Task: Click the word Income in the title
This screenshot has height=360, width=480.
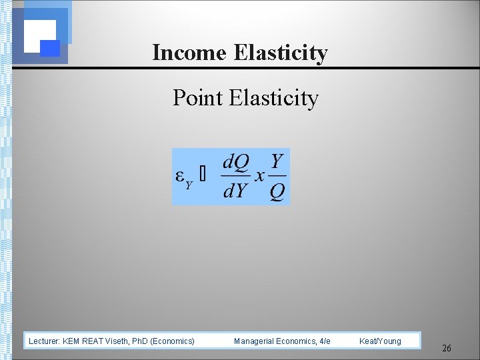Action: (190, 53)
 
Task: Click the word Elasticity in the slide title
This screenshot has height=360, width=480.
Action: (281, 53)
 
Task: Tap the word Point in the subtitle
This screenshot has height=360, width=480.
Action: (197, 98)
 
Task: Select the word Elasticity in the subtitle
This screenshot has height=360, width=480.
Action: (274, 98)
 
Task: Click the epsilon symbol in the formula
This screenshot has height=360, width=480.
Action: (180, 175)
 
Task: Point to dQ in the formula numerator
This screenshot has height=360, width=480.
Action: (235, 161)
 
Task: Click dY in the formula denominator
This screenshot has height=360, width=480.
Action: (235, 191)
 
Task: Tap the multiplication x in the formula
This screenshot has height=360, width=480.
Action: (259, 175)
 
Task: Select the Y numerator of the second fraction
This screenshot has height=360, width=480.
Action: (277, 161)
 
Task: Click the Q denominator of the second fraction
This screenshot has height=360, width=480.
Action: (277, 192)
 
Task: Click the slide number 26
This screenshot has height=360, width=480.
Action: (447, 349)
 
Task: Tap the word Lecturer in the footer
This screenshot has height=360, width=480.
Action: (44, 341)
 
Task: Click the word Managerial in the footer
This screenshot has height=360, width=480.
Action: (253, 341)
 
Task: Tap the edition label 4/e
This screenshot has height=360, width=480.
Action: (325, 341)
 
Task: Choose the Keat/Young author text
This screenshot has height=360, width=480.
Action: (380, 341)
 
